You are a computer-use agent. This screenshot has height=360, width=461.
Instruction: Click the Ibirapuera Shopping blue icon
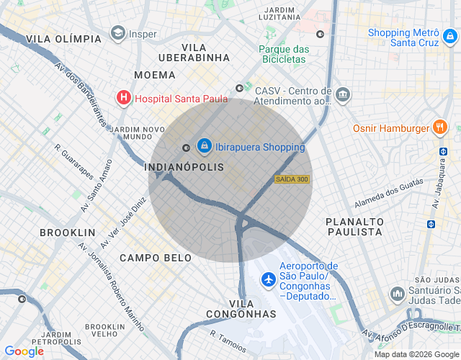pos(205,147)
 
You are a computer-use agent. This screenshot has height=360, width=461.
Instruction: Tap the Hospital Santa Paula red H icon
pos(124,97)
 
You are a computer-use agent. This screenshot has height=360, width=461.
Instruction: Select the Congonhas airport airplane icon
pos(268,279)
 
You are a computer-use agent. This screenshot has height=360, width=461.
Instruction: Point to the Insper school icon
pos(117,33)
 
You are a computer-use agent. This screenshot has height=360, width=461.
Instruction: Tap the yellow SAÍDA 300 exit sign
pos(292,179)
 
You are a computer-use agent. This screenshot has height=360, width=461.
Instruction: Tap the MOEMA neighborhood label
pos(154,75)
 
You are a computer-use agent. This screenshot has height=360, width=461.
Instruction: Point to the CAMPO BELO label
pos(156,257)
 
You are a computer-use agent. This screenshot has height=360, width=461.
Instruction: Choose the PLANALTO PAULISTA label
pos(354,227)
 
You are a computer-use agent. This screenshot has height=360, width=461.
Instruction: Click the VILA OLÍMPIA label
pos(63,39)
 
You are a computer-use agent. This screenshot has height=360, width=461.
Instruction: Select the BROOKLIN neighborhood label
pos(68,233)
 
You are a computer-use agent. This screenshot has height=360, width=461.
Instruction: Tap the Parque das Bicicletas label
pos(284,54)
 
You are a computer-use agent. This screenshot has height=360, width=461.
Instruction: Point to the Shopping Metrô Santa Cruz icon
pos(448,32)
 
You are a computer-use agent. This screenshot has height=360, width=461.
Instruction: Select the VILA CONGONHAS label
pos(241,309)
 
